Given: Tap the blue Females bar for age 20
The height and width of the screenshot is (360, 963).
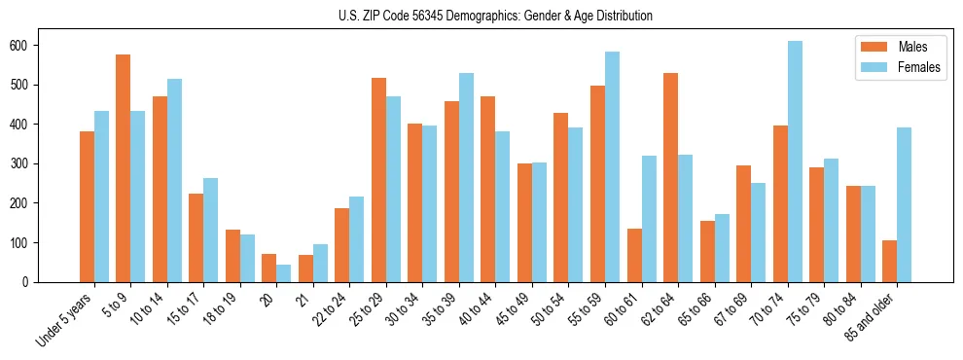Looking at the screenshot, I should click(284, 273).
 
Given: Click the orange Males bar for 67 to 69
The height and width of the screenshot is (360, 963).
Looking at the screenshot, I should click(743, 224).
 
